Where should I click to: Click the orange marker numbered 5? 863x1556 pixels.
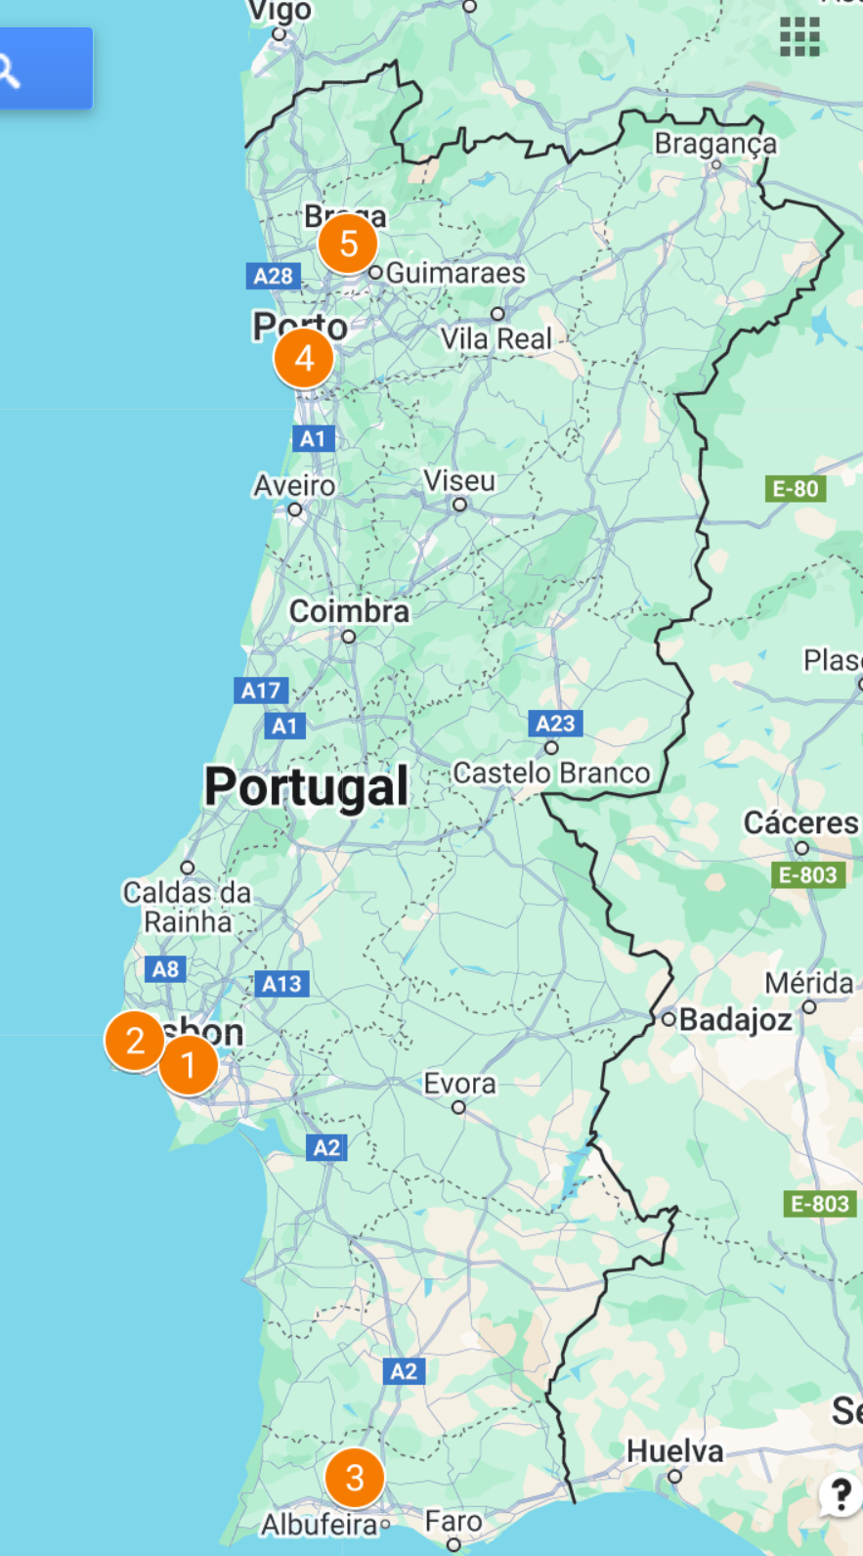click(348, 244)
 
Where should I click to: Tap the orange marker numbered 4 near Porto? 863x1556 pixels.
click(304, 359)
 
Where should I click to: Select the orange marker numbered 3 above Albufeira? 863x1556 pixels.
click(355, 1478)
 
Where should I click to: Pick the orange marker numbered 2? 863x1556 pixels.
click(135, 1041)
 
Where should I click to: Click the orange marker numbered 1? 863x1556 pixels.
click(189, 1065)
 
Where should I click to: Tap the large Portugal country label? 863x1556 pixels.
click(306, 787)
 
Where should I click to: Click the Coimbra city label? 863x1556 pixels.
click(349, 612)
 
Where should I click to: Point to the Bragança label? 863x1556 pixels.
click(715, 144)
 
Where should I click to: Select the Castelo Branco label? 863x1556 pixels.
click(551, 774)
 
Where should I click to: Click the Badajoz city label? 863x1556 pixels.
click(735, 1020)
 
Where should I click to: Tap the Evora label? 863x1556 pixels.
click(459, 1084)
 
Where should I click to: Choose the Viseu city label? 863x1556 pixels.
click(459, 481)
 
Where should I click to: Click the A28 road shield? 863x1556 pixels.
click(273, 276)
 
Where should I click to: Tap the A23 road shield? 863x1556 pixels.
click(555, 724)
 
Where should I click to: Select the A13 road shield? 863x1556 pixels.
click(281, 984)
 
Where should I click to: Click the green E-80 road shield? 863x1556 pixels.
click(795, 489)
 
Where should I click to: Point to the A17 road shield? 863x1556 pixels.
click(261, 690)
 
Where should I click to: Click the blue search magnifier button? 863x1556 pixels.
click(10, 69)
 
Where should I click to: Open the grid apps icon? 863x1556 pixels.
click(799, 38)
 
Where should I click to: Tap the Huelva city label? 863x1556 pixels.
click(674, 1451)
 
